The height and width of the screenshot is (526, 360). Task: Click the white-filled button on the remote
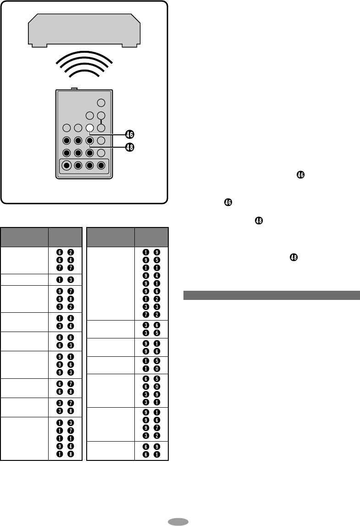(90, 128)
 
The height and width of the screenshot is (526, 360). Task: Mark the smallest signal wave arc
(84, 74)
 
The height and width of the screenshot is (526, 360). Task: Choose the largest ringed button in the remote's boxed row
(67, 166)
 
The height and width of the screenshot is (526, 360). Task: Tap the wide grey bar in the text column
(271, 294)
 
